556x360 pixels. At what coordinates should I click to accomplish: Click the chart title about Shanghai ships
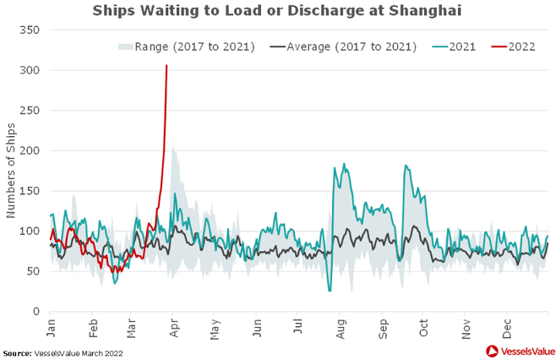pyautogui.click(x=277, y=11)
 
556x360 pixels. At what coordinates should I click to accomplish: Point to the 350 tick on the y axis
pyautogui.click(x=30, y=30)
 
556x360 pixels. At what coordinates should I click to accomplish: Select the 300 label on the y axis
pyautogui.click(x=30, y=70)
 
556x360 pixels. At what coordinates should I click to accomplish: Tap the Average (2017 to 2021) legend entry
pyautogui.click(x=342, y=46)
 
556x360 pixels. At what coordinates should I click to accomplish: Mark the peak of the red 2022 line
pyautogui.click(x=166, y=66)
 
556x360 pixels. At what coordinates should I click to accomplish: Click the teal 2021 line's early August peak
pyautogui.click(x=344, y=164)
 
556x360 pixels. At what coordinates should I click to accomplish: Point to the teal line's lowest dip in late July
pyautogui.click(x=330, y=291)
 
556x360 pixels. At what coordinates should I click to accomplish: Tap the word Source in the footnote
pyautogui.click(x=16, y=352)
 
